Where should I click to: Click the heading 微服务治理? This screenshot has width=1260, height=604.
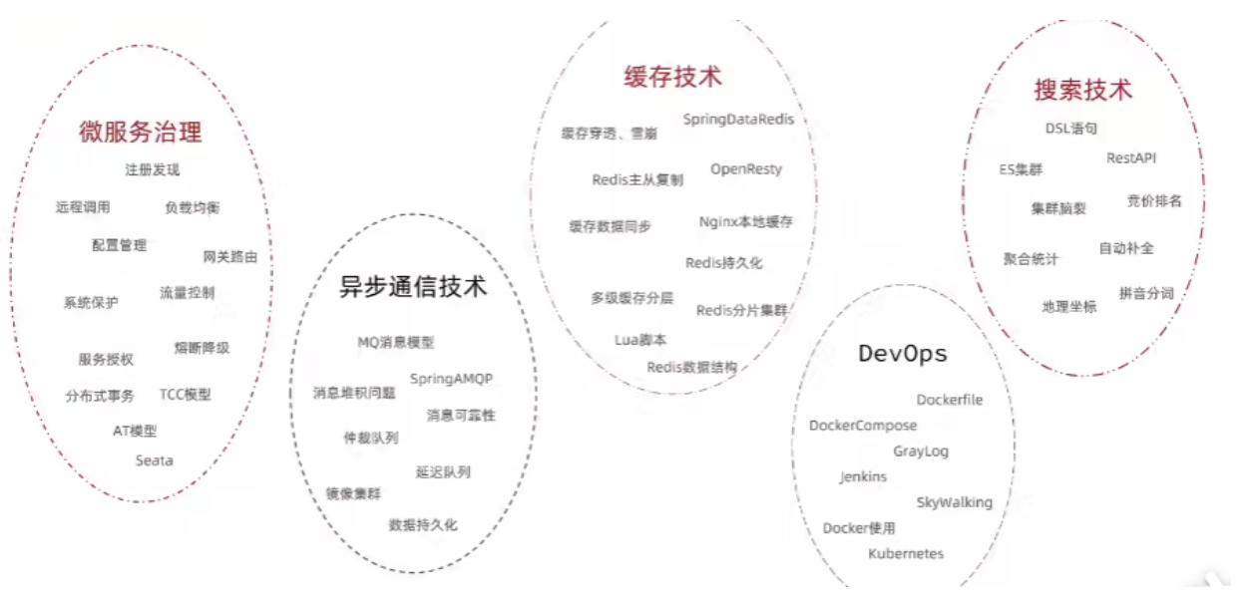pyautogui.click(x=140, y=132)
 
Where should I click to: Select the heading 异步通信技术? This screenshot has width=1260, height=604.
pyautogui.click(x=413, y=286)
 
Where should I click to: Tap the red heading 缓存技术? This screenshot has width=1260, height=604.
pyautogui.click(x=672, y=77)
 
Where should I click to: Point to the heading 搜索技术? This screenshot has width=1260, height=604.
pyautogui.click(x=1082, y=90)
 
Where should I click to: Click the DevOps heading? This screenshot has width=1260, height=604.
pyautogui.click(x=903, y=354)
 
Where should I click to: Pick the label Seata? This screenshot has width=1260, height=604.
pyautogui.click(x=154, y=460)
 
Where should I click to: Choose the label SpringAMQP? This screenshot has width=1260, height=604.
pyautogui.click(x=451, y=380)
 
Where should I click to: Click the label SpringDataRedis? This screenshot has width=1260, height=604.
pyautogui.click(x=738, y=120)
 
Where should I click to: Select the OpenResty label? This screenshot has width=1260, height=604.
pyautogui.click(x=746, y=169)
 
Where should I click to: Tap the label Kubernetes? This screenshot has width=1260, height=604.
pyautogui.click(x=906, y=553)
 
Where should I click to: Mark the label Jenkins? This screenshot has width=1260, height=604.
pyautogui.click(x=863, y=477)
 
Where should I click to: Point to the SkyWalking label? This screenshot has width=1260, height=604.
pyautogui.click(x=955, y=502)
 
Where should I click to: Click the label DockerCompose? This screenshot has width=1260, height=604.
pyautogui.click(x=863, y=426)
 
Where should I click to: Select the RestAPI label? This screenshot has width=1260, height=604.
pyautogui.click(x=1131, y=157)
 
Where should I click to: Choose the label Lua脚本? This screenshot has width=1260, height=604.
pyautogui.click(x=640, y=340)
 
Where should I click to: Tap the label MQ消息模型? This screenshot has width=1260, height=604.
pyautogui.click(x=396, y=342)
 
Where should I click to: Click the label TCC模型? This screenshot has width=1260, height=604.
pyautogui.click(x=186, y=395)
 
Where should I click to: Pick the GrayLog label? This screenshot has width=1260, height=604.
pyautogui.click(x=921, y=452)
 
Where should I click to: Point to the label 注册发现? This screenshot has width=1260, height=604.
pyautogui.click(x=152, y=169)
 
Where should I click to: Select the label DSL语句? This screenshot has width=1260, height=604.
pyautogui.click(x=1071, y=129)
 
